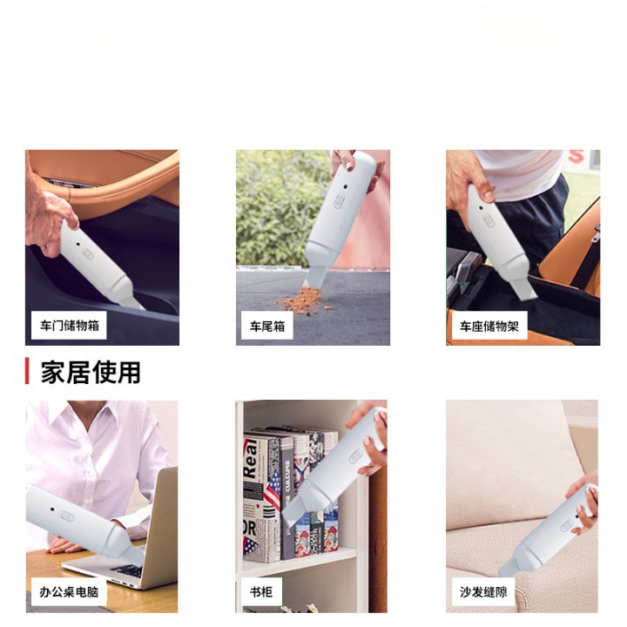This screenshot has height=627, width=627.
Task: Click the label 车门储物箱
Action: tap(70, 327)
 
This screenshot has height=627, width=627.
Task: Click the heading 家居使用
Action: tap(91, 373)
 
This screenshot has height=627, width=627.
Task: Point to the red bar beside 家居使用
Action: tap(27, 372)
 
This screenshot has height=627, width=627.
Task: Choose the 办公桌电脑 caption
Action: tap(70, 592)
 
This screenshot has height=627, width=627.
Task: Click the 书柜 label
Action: tap(261, 592)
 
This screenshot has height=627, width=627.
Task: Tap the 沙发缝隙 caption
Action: tap(484, 592)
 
